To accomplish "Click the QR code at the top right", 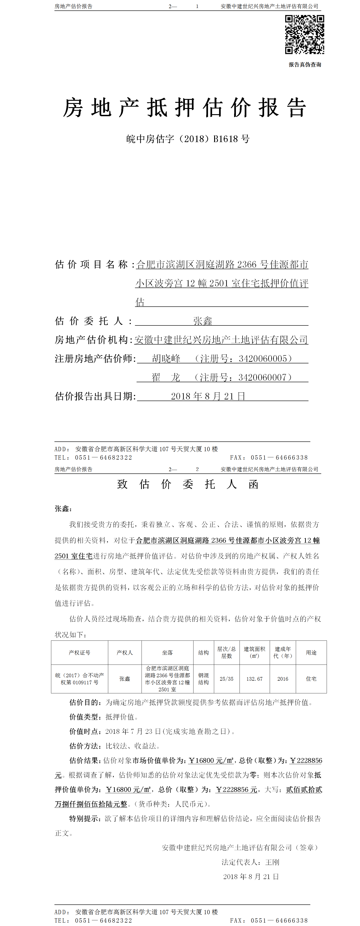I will click(304, 34).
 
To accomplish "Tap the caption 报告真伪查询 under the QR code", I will click(305, 65).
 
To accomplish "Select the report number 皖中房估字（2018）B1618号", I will click(188, 139).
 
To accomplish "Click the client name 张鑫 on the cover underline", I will click(203, 321).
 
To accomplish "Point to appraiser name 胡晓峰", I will click(166, 358).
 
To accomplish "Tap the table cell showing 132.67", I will click(254, 679).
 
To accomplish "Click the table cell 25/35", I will click(226, 679).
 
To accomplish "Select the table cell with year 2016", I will click(283, 679).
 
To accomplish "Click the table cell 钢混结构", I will click(203, 679).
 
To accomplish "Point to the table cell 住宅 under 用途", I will click(311, 679).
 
